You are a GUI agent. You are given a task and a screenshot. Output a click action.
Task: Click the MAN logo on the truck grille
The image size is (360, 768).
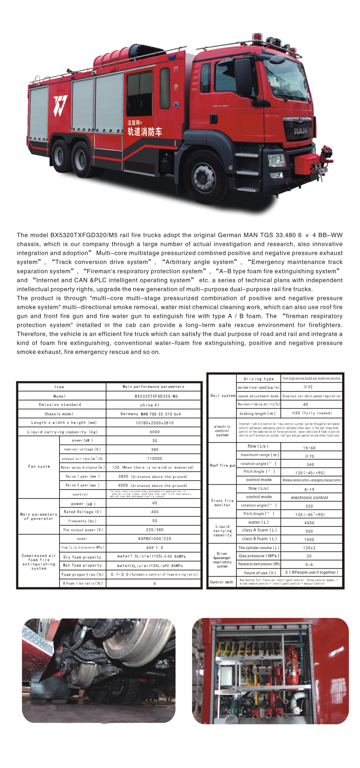click(300, 131)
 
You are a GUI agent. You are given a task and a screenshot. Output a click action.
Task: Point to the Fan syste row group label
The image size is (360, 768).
click(39, 467)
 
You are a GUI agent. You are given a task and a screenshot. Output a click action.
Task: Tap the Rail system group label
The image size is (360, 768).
click(223, 396)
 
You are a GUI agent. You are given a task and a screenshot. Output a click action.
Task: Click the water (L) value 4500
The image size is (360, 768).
click(309, 523)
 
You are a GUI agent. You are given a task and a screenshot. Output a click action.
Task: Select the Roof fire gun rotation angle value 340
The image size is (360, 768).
click(310, 464)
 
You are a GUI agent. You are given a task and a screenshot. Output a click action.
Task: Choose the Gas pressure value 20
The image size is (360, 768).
click(309, 556)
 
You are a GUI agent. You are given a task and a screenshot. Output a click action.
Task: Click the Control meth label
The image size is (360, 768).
click(221, 582)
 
